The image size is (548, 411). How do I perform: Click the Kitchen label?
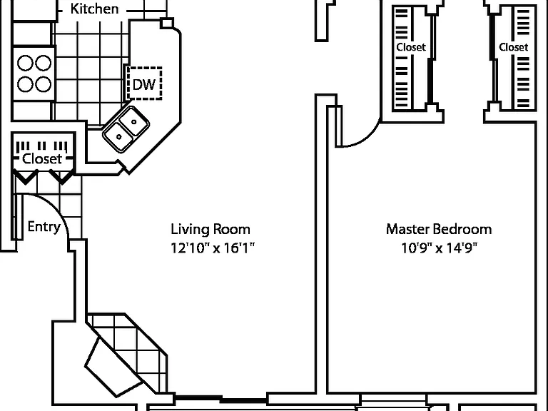click(x=94, y=9)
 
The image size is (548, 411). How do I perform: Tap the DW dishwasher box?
click(x=144, y=83)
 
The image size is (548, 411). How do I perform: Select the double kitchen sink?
click(x=126, y=129)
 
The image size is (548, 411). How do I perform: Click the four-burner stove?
click(x=34, y=73)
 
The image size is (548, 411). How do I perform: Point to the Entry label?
click(x=44, y=227)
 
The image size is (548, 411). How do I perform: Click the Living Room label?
click(x=210, y=229)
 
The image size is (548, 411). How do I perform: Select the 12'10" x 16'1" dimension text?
click(x=213, y=248)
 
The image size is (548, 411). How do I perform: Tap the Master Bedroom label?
click(x=439, y=229)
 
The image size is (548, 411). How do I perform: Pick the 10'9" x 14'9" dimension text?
click(x=439, y=248)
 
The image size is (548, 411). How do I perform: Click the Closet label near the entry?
click(x=42, y=158)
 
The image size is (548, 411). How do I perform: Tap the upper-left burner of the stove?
click(x=25, y=64)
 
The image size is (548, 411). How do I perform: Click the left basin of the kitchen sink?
click(x=118, y=137)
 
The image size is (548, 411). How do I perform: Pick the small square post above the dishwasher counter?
click(x=167, y=23)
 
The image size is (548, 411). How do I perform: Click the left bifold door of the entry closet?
click(x=26, y=177)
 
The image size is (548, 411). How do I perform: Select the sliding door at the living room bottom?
click(x=221, y=399)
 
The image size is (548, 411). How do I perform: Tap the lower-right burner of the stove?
click(x=43, y=84)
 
